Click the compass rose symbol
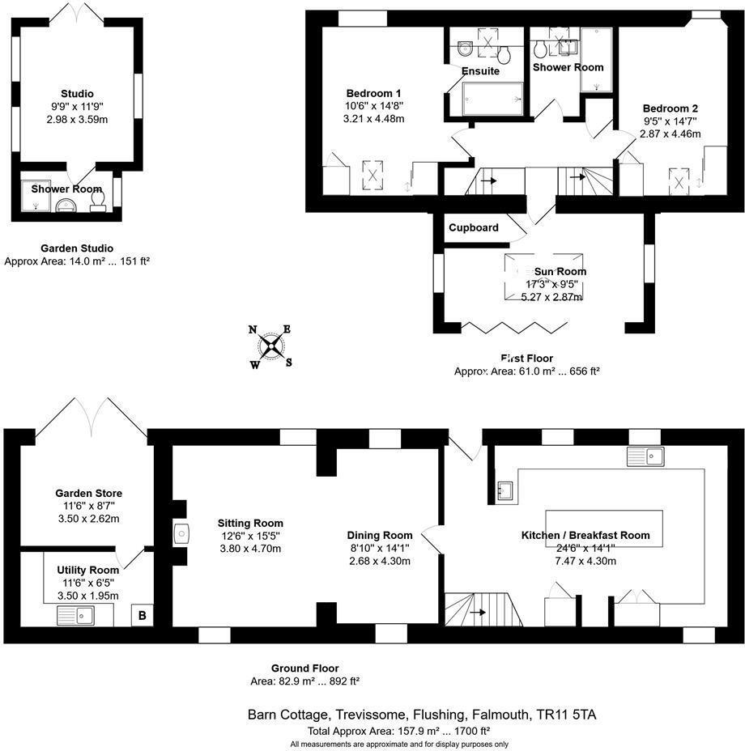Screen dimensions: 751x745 coord(270,346)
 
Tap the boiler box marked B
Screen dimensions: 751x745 coord(143,616)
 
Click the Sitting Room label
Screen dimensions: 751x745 coord(250,523)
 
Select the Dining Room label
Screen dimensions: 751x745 coord(379,535)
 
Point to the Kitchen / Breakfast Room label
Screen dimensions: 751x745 coord(585,535)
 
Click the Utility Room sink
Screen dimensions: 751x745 coord(74,617)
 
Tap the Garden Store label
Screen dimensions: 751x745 coord(89,493)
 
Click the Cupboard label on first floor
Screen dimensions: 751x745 coord(474,227)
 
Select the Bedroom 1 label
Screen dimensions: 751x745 coord(373,92)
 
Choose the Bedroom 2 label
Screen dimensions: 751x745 coord(670,108)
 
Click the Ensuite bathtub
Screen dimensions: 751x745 coord(492,100)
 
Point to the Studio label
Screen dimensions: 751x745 coord(77,93)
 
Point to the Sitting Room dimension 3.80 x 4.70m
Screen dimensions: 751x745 coord(250,549)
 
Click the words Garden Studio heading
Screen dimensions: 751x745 coord(77,248)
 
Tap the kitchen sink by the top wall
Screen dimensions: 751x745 coord(645,456)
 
